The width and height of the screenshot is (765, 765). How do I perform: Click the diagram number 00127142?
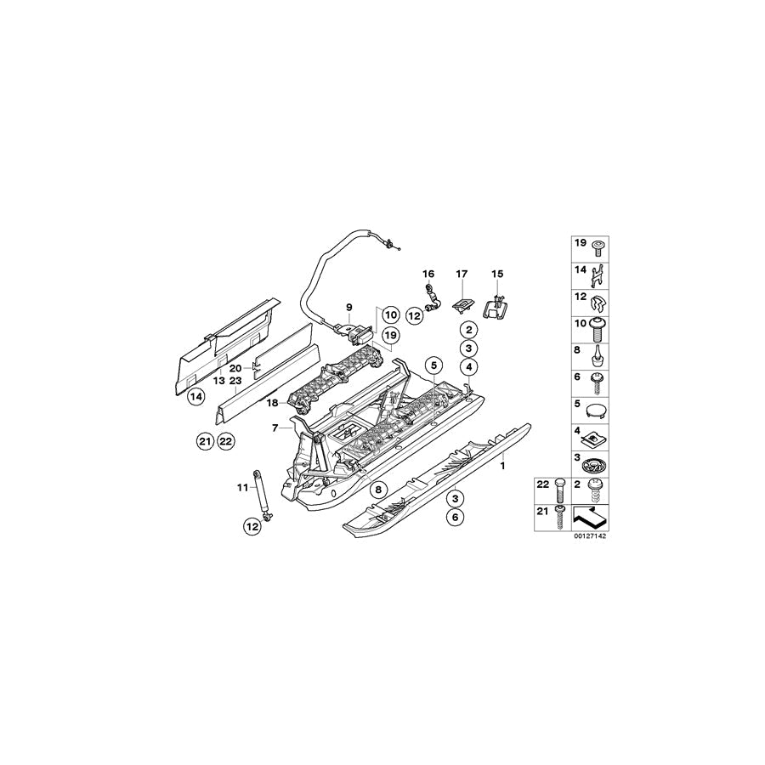tap(589, 535)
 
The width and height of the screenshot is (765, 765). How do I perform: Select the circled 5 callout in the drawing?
tap(433, 365)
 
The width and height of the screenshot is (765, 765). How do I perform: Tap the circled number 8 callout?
tap(378, 489)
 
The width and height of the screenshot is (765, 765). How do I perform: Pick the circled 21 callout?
tap(206, 442)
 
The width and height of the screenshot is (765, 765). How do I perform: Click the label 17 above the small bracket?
tap(462, 275)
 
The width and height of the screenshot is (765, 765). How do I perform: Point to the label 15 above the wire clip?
tap(496, 275)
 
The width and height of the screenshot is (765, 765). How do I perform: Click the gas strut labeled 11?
tap(261, 495)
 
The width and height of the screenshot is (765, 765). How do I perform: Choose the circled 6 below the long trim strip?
tap(456, 517)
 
